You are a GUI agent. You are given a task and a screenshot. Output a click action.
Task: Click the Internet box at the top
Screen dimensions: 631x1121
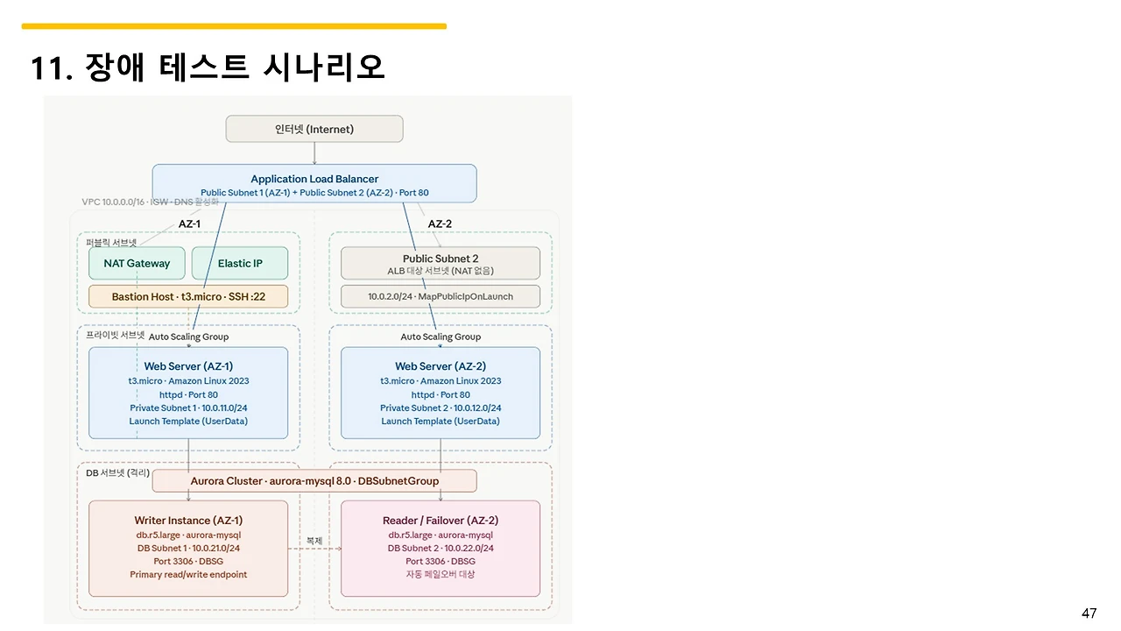tap(314, 129)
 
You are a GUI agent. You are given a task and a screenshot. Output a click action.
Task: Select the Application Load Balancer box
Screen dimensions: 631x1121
tap(314, 183)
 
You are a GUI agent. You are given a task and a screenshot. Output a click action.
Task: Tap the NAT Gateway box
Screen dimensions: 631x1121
tap(137, 263)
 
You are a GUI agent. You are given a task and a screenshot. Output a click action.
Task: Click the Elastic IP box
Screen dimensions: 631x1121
tap(240, 263)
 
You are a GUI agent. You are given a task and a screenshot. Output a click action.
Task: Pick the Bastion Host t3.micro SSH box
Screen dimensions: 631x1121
tap(188, 296)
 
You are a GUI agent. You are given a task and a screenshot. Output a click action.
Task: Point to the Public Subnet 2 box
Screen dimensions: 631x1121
tap(441, 263)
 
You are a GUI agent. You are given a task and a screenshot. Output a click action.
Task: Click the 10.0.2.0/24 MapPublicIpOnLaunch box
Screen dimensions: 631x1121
tap(441, 296)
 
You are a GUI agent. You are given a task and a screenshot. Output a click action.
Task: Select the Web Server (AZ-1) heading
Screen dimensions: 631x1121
tap(188, 366)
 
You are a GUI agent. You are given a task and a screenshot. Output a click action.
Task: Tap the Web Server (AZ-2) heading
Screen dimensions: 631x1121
tap(441, 366)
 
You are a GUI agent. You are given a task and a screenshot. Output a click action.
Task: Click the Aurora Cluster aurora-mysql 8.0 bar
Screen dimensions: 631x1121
tap(314, 480)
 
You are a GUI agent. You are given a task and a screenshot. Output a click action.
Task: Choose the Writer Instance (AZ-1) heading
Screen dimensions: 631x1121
tap(188, 521)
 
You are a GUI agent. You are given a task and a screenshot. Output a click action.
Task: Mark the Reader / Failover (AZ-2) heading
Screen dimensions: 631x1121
tap(441, 521)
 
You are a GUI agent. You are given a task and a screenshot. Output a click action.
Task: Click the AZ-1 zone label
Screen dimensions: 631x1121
tap(189, 223)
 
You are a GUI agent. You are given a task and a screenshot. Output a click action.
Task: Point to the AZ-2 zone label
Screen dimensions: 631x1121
tap(440, 223)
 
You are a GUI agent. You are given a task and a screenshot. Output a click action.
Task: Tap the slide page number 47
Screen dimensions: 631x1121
tap(1089, 613)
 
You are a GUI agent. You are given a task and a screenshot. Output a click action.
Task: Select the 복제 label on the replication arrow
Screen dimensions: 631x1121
tap(314, 541)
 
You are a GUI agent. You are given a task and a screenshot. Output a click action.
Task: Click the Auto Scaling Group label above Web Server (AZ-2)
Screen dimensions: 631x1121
tap(441, 337)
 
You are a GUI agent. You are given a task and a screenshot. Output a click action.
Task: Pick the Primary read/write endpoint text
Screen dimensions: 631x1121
tap(188, 574)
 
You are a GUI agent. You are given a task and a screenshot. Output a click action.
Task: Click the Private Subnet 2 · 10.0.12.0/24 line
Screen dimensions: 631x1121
tap(441, 408)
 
